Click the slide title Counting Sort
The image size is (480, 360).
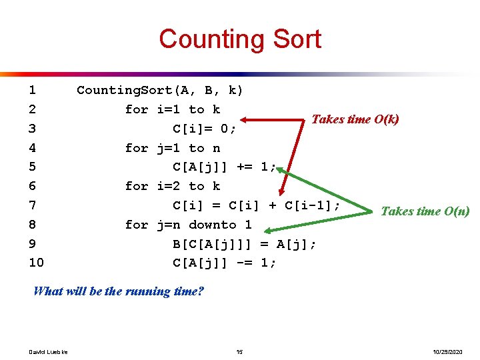point(239,39)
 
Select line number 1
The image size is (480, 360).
point(33,90)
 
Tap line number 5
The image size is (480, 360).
point(33,167)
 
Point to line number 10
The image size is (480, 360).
point(36,263)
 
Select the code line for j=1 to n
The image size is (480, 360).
point(172,148)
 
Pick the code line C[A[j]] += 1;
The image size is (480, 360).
point(224,167)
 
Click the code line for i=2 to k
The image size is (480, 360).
point(172,186)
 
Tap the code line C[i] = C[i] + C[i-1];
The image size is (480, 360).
point(257,205)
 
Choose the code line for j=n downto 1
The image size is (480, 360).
point(188,225)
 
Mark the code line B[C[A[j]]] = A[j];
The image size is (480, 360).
point(244,244)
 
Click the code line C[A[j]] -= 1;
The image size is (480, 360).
point(224,263)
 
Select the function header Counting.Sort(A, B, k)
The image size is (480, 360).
point(160,90)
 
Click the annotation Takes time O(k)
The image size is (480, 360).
point(355,119)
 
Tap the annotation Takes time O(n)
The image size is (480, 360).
point(425,211)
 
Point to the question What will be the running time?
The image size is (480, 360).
point(119,291)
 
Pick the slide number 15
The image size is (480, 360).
point(239,351)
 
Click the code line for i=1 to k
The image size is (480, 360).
point(172,109)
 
